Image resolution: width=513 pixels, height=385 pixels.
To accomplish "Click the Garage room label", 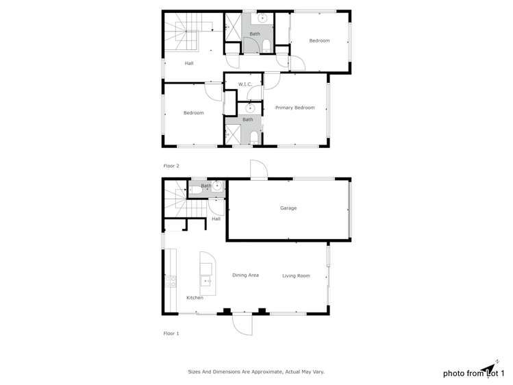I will [x=288, y=208].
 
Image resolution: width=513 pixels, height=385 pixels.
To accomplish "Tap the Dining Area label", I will [x=245, y=275].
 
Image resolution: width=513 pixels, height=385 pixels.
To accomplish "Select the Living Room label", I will [x=296, y=276].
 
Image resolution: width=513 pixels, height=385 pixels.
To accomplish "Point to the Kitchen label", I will [x=195, y=298].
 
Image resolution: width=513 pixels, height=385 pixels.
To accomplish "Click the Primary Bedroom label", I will [x=295, y=108].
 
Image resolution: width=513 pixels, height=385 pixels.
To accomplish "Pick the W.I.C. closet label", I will [x=245, y=84].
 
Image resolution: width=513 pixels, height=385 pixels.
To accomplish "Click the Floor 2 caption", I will [x=171, y=166].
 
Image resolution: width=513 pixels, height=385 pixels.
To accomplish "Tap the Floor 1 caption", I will [x=171, y=334].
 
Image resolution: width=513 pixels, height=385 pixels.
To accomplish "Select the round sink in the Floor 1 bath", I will [x=218, y=185].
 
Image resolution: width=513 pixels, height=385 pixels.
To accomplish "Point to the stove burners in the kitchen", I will [x=171, y=281].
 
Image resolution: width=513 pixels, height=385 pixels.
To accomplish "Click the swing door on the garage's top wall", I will [x=258, y=170].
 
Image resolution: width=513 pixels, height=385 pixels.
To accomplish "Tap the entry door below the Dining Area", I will [x=242, y=323].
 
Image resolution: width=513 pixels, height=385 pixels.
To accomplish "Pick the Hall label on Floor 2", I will [x=189, y=64].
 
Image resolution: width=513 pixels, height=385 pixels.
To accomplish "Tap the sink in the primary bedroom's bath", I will [x=251, y=108].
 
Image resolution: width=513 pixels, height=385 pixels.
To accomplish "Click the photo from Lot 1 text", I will [x=473, y=373].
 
